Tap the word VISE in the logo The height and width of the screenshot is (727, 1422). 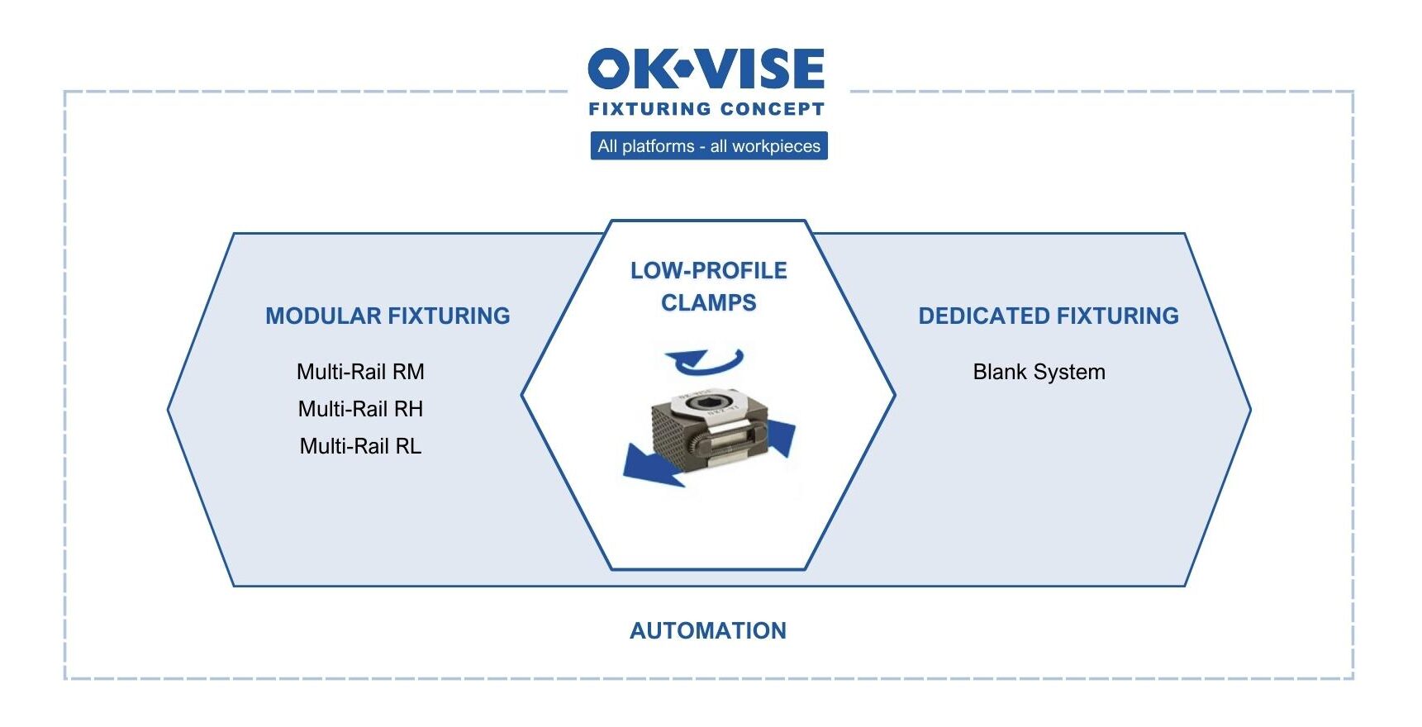[760, 69]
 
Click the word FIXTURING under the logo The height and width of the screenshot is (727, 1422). [649, 109]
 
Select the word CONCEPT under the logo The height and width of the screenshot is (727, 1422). [772, 109]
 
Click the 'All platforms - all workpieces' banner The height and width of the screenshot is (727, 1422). [709, 146]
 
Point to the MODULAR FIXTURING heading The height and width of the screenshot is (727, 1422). [388, 316]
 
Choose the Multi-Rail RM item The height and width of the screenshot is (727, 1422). [360, 372]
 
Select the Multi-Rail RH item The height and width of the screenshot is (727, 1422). [360, 409]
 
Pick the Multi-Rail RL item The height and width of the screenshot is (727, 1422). [360, 446]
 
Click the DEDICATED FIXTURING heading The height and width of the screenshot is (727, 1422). [1049, 316]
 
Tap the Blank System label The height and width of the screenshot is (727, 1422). [1039, 372]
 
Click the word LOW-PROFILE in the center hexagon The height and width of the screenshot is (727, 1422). [708, 270]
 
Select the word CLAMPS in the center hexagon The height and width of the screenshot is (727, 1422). [708, 302]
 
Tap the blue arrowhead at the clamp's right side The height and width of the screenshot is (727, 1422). [781, 436]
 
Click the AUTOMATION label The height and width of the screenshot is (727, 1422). [708, 630]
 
